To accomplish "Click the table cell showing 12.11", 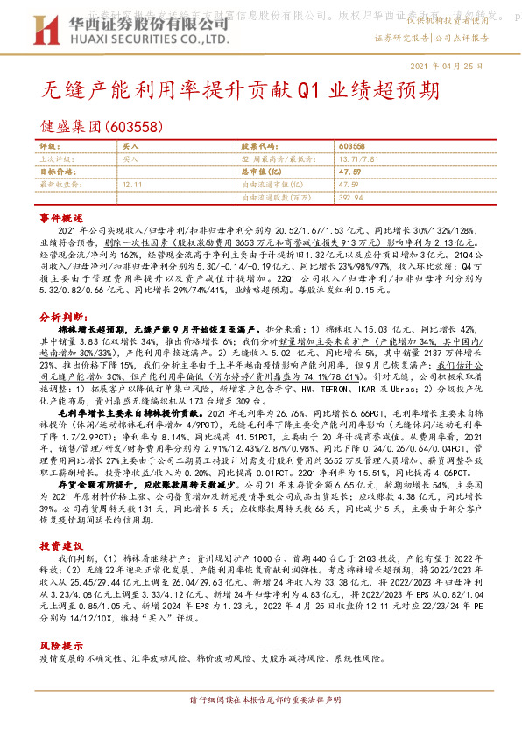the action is (x=132, y=185).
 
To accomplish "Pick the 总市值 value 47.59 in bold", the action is (x=349, y=172).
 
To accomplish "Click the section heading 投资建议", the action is (x=60, y=544).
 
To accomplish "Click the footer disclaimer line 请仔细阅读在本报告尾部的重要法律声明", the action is (x=260, y=702).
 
